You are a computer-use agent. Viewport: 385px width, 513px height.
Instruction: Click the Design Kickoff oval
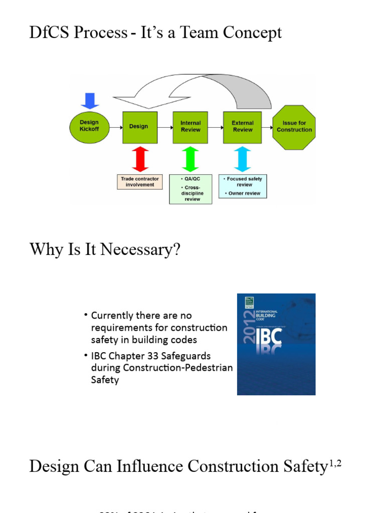[x=89, y=126]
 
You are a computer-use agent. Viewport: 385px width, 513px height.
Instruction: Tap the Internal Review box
[x=190, y=127]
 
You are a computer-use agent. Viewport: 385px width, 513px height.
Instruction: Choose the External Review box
[x=243, y=127]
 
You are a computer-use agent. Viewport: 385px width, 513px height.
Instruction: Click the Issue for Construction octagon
[x=294, y=127]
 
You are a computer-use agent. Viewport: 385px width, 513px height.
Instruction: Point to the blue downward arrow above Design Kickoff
[x=90, y=100]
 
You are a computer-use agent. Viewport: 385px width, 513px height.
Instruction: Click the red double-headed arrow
[x=140, y=159]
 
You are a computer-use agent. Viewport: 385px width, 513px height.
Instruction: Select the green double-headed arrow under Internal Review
[x=190, y=159]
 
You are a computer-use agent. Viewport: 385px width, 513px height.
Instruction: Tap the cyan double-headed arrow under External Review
[x=243, y=159]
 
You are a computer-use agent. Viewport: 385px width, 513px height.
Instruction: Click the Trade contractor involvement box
[x=140, y=181]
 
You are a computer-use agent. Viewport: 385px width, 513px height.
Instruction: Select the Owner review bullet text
[x=244, y=193]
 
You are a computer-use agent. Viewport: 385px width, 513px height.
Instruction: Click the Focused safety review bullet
[x=244, y=181]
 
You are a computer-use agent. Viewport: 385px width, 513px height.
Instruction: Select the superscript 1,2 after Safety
[x=334, y=462]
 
